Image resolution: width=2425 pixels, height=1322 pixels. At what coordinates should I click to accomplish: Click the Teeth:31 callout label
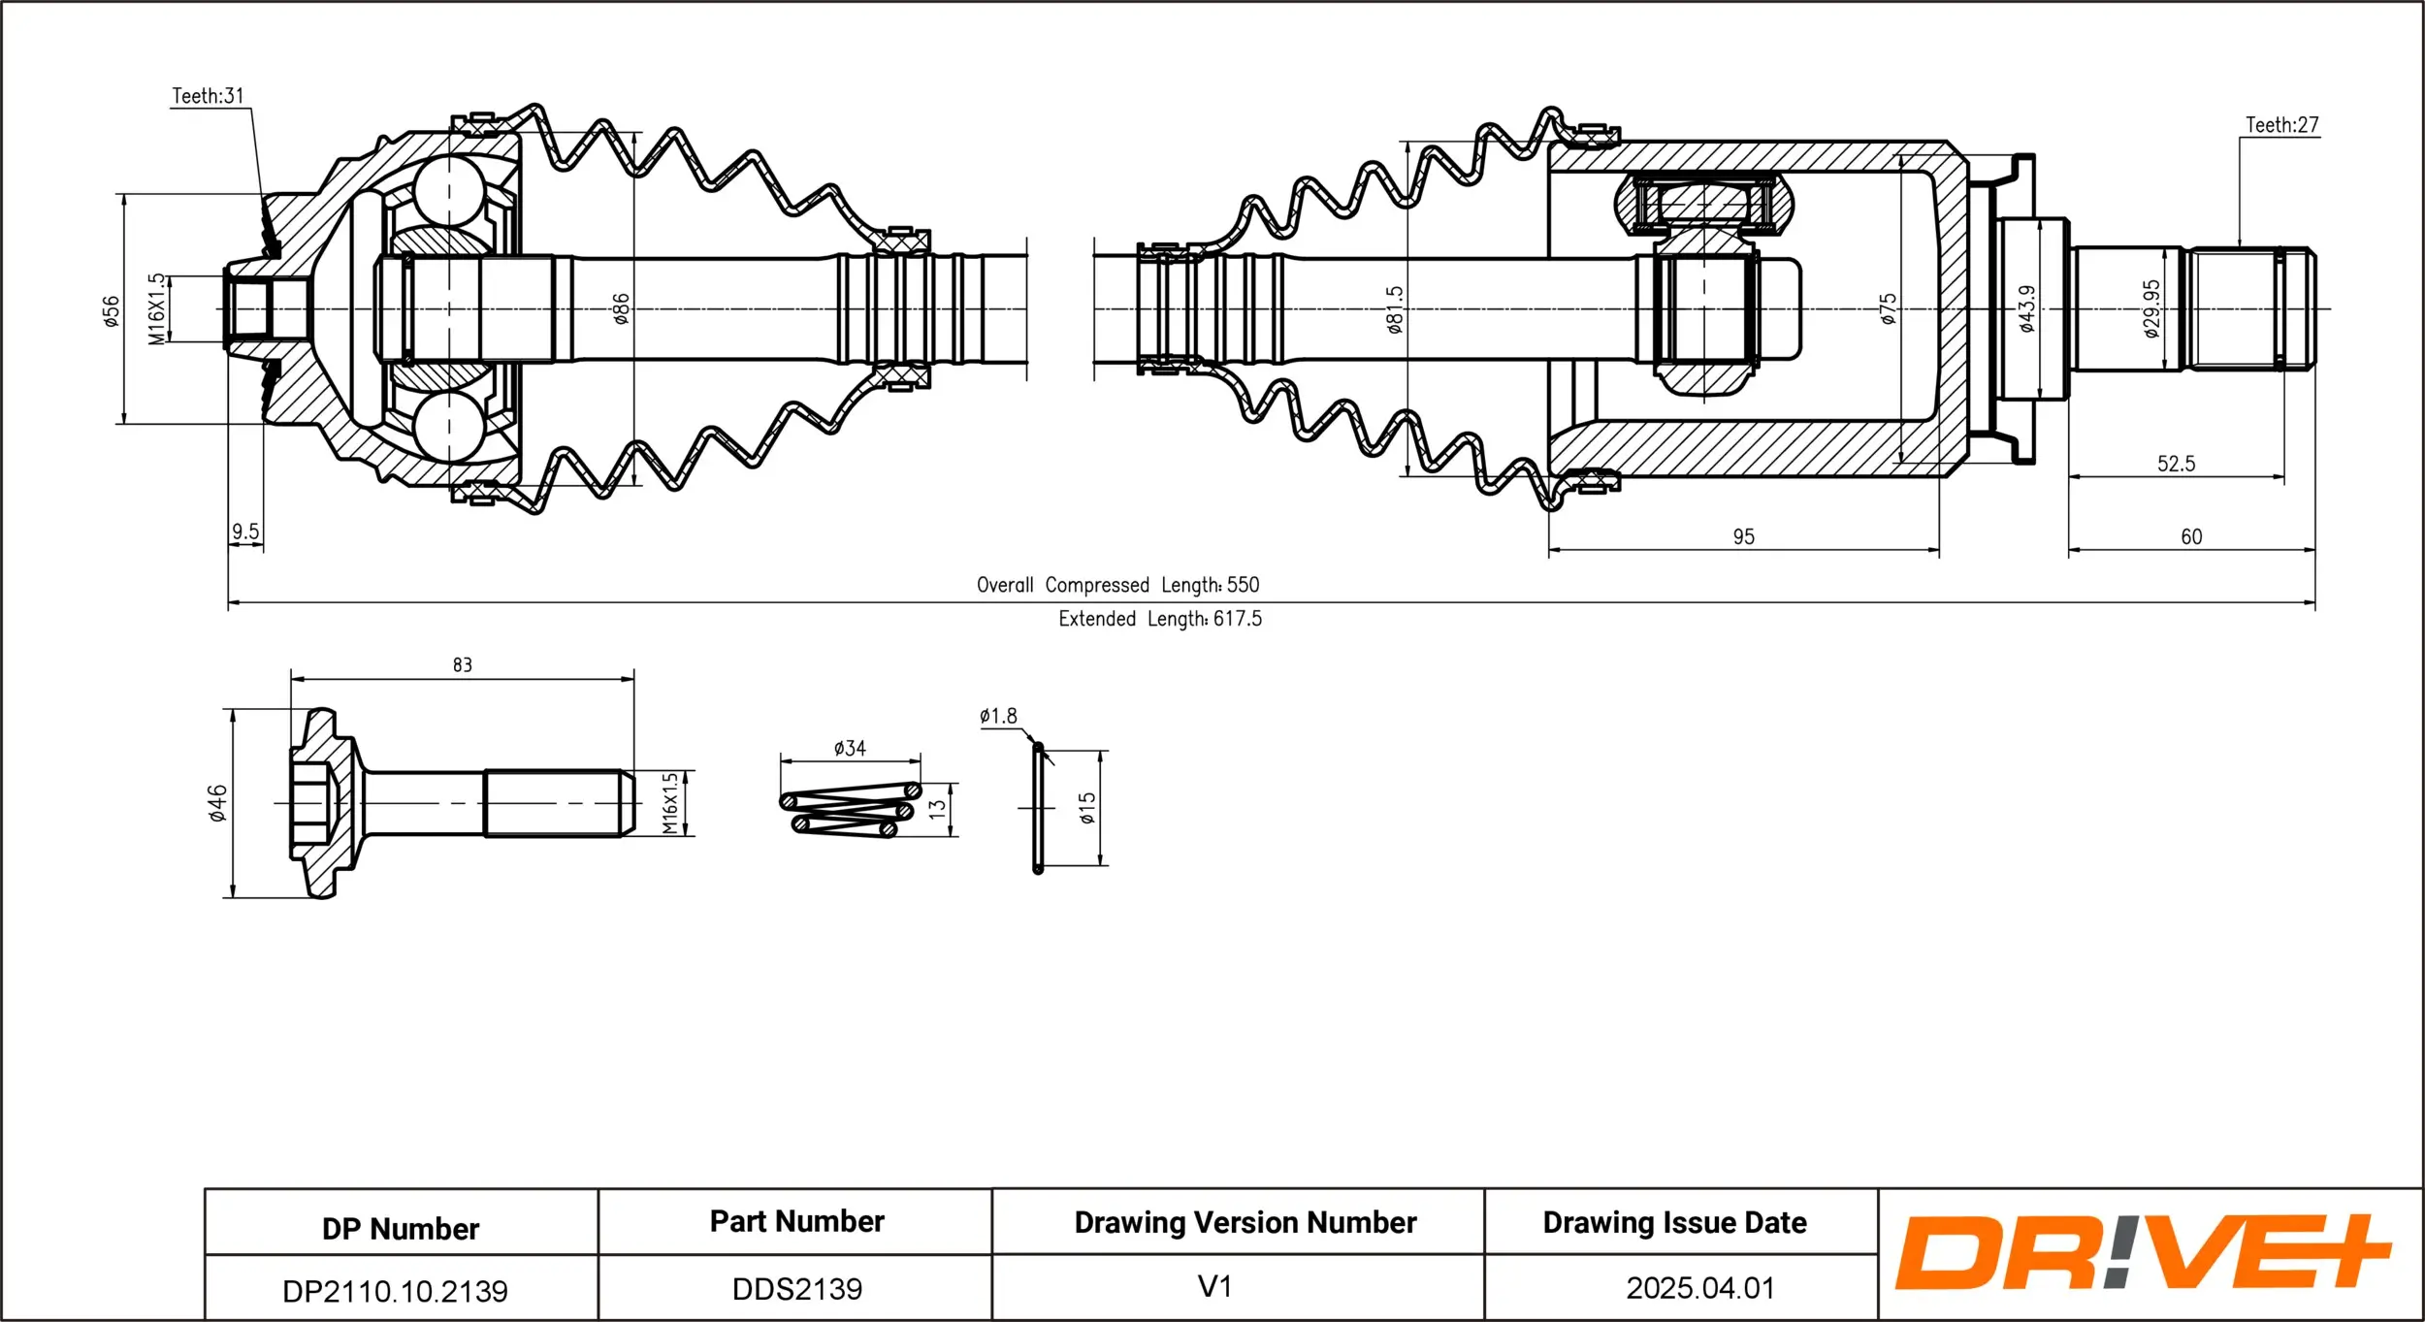point(208,96)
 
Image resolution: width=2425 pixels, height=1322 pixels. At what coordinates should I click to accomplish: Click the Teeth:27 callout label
point(2281,125)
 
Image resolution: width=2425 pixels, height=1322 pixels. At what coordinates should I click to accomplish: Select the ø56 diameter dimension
point(112,311)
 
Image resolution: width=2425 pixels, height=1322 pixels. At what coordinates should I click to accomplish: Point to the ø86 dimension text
point(621,308)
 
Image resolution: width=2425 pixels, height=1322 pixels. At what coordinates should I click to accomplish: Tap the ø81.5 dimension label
point(1394,309)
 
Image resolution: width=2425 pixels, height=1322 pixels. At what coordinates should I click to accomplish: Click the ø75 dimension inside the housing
point(1888,308)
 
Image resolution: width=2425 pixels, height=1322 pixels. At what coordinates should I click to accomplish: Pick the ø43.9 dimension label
point(2026,308)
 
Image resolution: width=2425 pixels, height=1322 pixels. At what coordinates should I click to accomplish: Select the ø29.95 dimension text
point(2151,308)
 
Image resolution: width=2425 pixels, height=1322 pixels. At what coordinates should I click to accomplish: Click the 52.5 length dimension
point(2176,464)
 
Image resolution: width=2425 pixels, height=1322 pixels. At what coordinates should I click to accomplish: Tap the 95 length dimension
point(1743,536)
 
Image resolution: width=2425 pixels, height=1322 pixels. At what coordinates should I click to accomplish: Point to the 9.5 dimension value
point(245,532)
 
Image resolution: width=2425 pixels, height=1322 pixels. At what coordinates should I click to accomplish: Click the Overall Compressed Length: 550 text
point(1117,585)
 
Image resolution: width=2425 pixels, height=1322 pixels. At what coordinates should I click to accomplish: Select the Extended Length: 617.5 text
point(1159,619)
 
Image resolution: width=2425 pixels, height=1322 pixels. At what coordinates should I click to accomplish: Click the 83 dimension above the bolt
point(462,665)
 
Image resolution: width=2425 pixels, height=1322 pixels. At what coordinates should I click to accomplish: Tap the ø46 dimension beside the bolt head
point(217,803)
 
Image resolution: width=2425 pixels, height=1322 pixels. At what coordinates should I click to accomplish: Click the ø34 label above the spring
point(849,748)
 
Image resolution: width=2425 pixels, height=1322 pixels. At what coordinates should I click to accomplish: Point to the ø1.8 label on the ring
point(997,716)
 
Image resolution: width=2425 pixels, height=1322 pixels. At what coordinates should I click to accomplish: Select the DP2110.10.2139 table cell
point(395,1291)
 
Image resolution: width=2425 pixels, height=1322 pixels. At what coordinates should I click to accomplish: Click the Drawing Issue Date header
point(1674,1222)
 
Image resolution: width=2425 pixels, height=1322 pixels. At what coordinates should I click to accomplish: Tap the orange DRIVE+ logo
point(2141,1252)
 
